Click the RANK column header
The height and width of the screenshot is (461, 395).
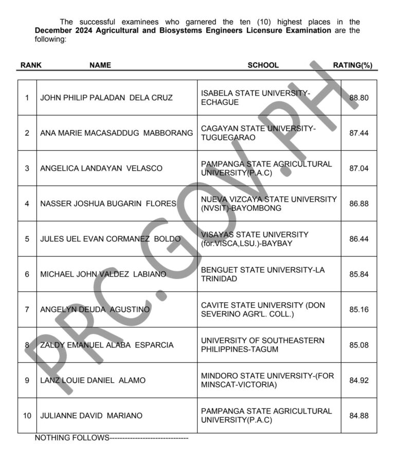31,65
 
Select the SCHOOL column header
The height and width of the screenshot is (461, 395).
263,65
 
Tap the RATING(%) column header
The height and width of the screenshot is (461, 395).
352,65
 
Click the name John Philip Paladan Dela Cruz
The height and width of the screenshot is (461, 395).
106,98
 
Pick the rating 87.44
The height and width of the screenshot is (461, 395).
358,133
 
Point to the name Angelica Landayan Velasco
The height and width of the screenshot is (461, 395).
101,168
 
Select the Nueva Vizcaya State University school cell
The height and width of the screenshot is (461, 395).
269,204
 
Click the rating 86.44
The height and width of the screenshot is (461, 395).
358,239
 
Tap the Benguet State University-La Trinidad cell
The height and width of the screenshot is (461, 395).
263,274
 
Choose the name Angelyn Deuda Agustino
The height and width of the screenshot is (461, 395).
95,309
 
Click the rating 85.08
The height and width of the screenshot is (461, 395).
358,345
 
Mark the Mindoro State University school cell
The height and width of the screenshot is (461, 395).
267,380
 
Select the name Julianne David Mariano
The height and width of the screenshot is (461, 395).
92,415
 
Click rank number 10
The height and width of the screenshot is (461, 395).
27,415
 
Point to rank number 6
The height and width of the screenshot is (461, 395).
27,274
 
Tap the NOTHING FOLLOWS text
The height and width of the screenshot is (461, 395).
72,438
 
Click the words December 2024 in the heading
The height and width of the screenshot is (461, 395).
61,31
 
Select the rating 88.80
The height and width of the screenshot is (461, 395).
358,98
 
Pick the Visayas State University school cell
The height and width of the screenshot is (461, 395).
255,239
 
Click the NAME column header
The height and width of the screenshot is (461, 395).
100,65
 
